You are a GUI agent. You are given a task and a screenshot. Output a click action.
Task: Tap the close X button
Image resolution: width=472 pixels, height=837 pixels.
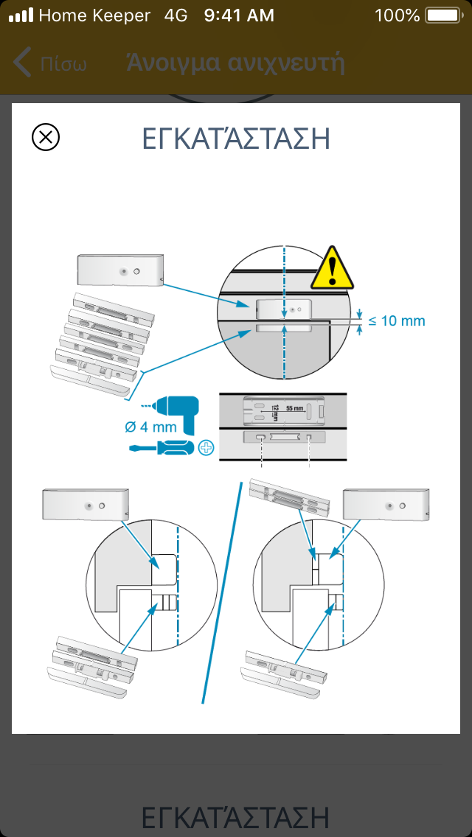46,137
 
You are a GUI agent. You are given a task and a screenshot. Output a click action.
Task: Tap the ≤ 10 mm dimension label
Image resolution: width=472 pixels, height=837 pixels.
397,321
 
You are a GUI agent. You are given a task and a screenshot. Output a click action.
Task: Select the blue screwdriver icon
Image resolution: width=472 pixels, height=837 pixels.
162,446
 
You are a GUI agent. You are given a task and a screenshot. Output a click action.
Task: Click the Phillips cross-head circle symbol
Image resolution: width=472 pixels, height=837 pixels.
206,446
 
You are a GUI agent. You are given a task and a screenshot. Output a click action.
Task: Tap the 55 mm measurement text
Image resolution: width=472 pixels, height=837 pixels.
294,407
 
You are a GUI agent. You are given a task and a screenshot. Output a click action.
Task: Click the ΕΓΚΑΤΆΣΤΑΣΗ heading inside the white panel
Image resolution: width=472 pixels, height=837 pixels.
235,139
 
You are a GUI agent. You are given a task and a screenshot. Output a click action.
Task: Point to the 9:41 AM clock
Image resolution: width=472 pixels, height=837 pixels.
239,15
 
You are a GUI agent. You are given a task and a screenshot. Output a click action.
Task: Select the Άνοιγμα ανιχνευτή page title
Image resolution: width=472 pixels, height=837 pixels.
235,63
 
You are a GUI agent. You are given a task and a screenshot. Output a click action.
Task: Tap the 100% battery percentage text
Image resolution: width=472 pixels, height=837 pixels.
397,15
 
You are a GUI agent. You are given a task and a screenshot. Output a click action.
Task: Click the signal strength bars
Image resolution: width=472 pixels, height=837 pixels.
24,15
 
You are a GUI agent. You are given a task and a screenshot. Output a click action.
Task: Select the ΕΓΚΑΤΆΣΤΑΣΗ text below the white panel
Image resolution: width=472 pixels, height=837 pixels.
235,817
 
